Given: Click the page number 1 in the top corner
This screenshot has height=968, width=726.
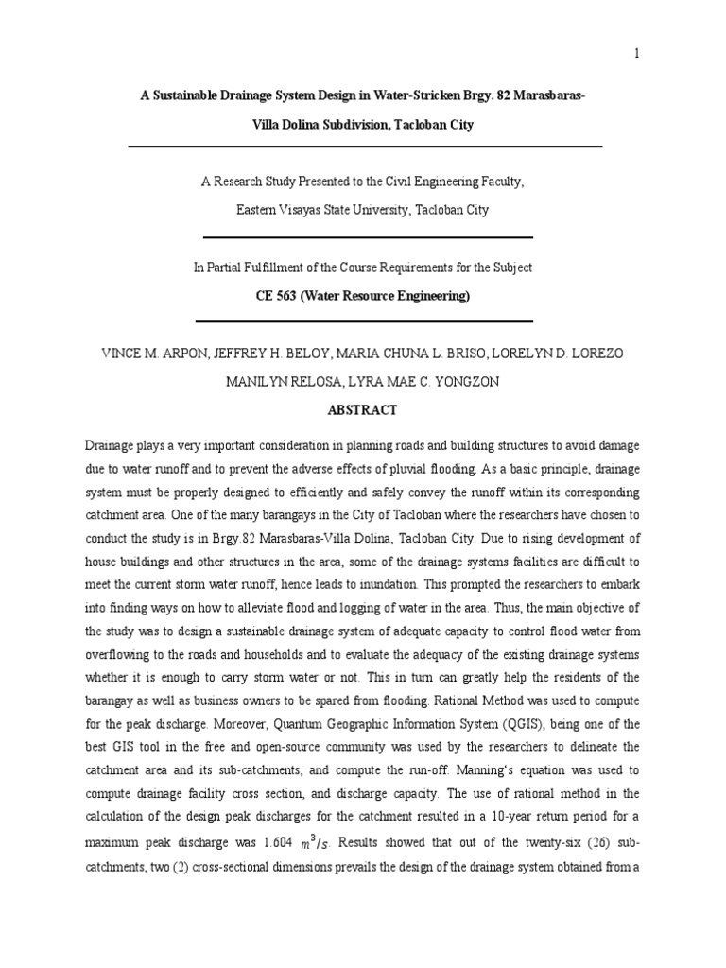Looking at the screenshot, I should click(x=637, y=54).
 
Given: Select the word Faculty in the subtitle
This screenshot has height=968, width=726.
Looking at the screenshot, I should click(x=496, y=182).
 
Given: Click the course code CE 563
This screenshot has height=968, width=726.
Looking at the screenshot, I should click(x=277, y=296).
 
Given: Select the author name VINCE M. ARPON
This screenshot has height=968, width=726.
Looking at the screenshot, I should click(x=147, y=354).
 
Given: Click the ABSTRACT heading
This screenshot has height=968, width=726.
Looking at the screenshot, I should click(x=362, y=410).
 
